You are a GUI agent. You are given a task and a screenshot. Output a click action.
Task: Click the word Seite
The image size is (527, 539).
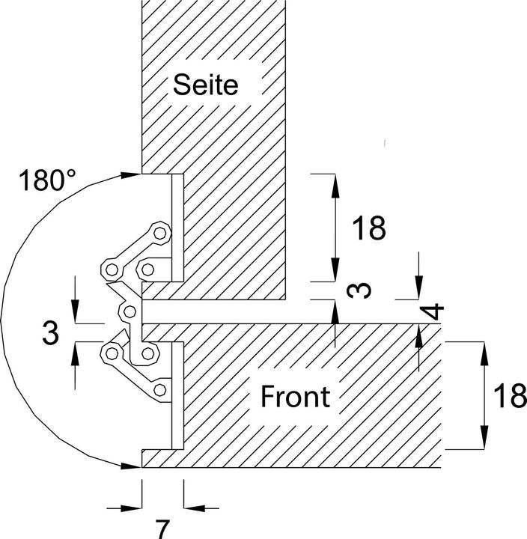tap(205, 85)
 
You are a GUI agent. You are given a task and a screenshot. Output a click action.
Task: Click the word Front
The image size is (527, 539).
tap(295, 396)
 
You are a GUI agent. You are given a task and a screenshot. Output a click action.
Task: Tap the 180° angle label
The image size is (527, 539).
tap(48, 181)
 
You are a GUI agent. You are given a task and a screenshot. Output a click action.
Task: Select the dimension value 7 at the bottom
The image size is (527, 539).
tap(162, 527)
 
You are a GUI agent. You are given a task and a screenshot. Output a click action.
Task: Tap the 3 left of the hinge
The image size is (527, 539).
tap(50, 334)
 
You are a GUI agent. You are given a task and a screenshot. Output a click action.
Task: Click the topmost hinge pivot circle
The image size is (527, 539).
tap(159, 233)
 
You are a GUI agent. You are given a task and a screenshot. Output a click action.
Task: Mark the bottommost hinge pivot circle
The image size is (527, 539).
tap(159, 390)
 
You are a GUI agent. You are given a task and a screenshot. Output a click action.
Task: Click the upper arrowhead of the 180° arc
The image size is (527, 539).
tap(132, 175)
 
